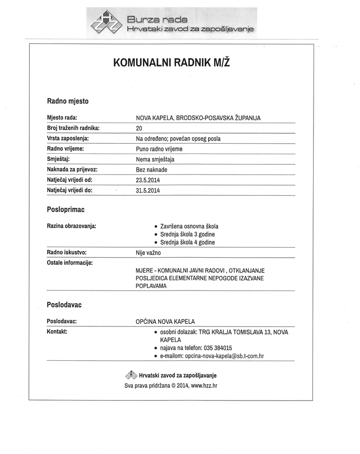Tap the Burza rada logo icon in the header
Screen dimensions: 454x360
[x=106, y=22]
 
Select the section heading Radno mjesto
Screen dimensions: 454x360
[x=68, y=101]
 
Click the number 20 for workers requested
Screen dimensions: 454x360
[x=139, y=128]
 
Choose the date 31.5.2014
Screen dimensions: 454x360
[x=147, y=191]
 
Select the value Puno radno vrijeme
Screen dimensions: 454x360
[x=159, y=149]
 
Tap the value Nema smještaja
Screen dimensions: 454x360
[x=155, y=159]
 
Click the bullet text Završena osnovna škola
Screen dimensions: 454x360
[x=189, y=226]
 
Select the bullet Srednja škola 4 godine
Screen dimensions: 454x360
[x=187, y=243]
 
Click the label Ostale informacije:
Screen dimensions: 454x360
[x=70, y=262]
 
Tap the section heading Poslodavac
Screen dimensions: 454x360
[x=64, y=305]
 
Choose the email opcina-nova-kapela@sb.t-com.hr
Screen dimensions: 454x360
[x=225, y=356]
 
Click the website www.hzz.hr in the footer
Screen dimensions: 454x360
[x=204, y=386]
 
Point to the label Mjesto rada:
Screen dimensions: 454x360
[x=62, y=118]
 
